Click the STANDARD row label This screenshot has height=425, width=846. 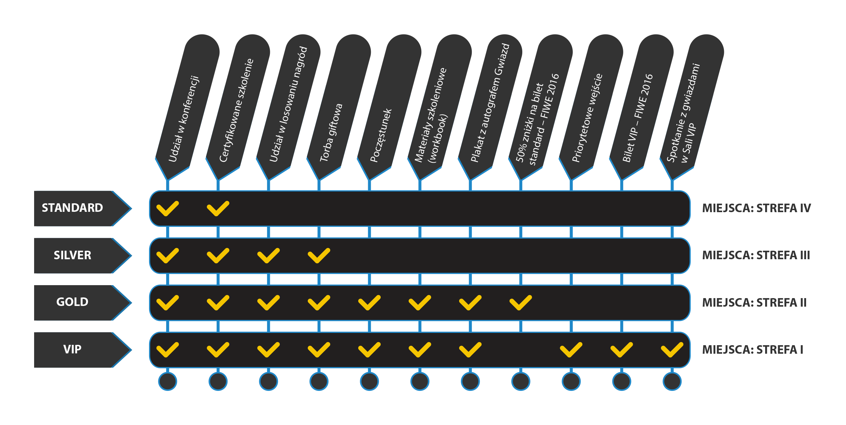click(x=72, y=208)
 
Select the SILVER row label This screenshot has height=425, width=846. click(x=72, y=255)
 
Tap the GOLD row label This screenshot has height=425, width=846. click(x=72, y=302)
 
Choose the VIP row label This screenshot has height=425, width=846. click(x=72, y=350)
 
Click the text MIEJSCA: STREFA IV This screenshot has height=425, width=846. click(x=756, y=208)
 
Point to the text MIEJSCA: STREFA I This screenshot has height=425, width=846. click(x=753, y=350)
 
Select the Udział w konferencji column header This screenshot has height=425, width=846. click(x=187, y=107)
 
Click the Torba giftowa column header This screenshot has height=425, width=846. click(x=339, y=107)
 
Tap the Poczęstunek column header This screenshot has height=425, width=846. click(x=389, y=107)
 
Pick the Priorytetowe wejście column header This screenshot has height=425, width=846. click(x=591, y=107)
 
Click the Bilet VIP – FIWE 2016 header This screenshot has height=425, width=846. click(x=641, y=107)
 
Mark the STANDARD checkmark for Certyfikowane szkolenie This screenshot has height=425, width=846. click(x=218, y=208)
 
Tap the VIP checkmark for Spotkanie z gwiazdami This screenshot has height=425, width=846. click(x=672, y=350)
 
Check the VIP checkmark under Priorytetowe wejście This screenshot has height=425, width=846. click(x=571, y=350)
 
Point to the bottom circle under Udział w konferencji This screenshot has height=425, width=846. click(x=167, y=381)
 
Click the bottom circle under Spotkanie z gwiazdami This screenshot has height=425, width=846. click(x=672, y=381)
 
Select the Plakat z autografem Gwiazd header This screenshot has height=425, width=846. click(x=490, y=107)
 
